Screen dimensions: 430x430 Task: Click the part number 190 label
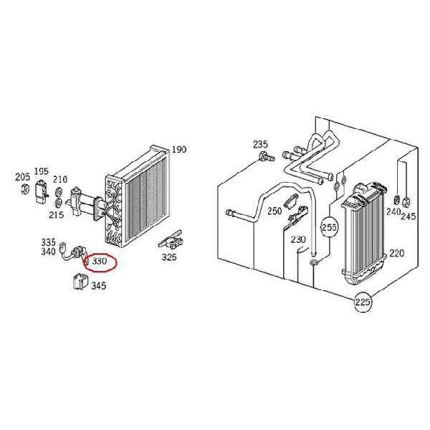click(178, 150)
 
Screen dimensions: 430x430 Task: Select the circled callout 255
click(329, 227)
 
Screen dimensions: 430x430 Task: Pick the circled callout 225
click(363, 304)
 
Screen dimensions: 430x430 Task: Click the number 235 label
click(260, 145)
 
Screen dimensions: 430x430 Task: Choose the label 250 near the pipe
click(274, 211)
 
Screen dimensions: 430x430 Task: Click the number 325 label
click(168, 257)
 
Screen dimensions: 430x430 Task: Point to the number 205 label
click(22, 176)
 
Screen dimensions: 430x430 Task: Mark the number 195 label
click(41, 171)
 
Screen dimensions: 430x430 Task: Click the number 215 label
click(56, 214)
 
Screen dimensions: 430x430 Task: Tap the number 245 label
click(408, 217)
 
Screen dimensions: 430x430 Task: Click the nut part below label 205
click(24, 190)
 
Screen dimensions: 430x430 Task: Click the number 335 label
click(48, 242)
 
